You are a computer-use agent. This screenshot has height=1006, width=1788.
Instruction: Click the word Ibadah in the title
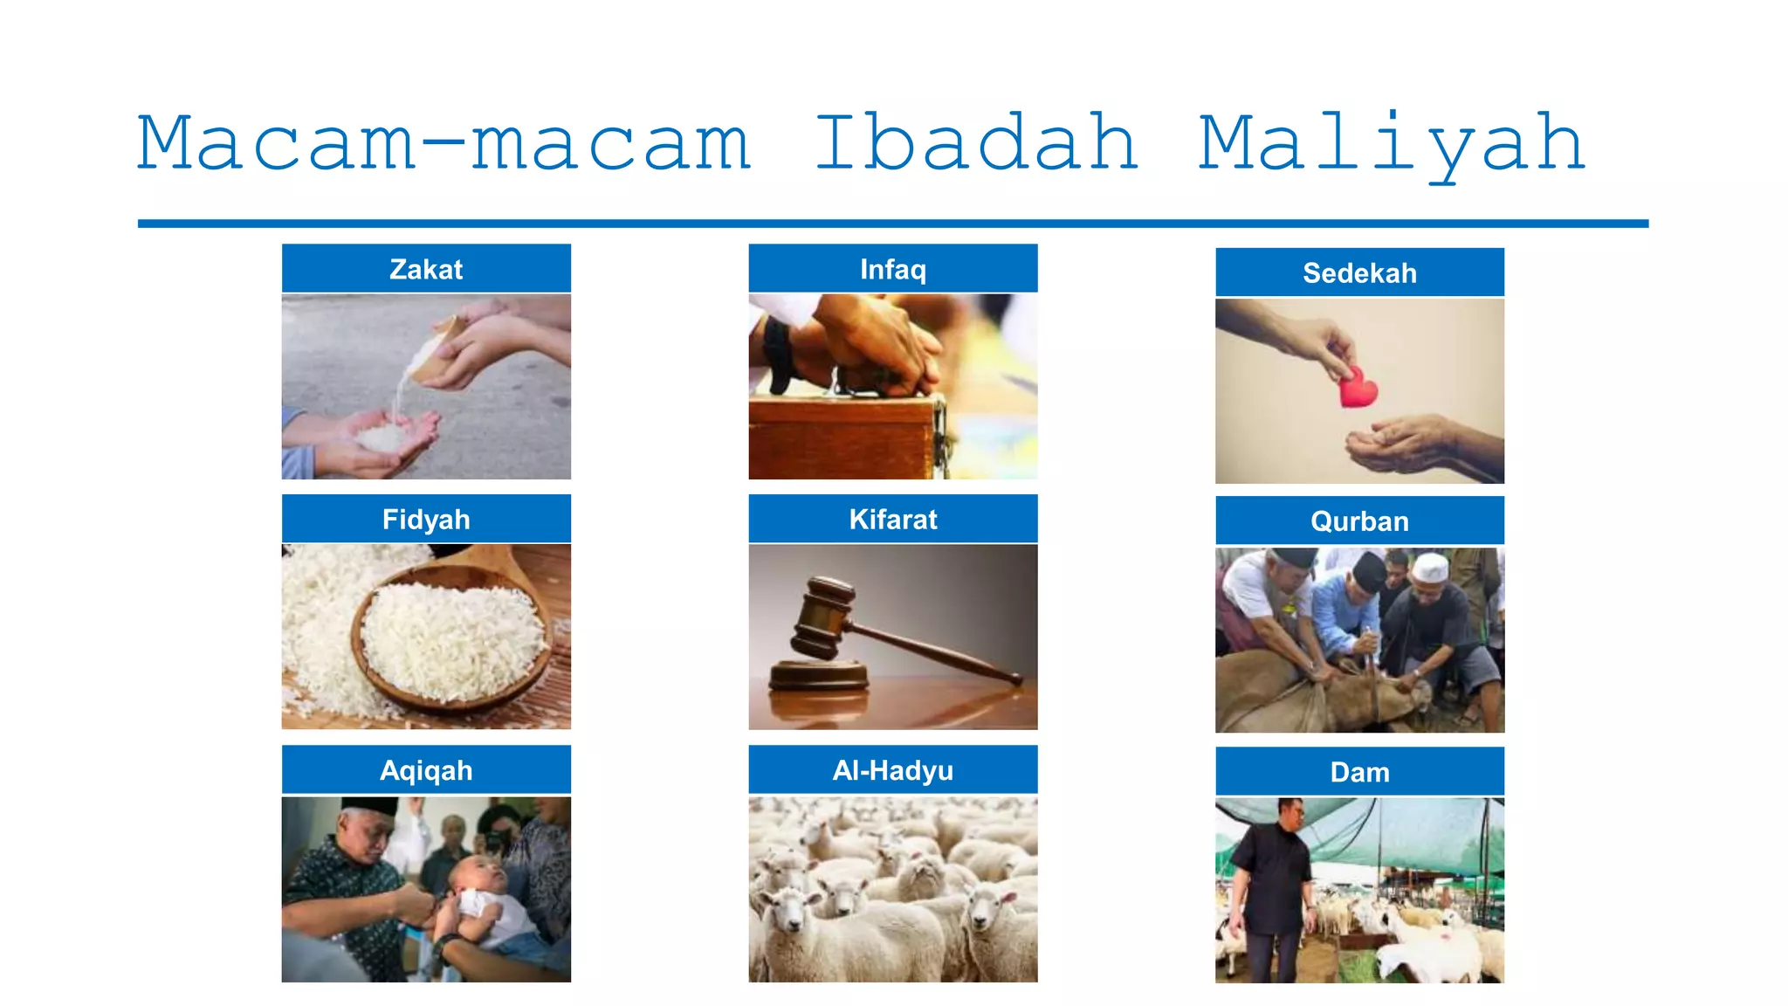[x=976, y=143]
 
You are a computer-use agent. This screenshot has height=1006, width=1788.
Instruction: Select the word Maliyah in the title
[x=1392, y=145]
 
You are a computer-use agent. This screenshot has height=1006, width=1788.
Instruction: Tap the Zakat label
[x=426, y=269]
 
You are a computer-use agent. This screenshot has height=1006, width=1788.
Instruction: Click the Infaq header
[x=893, y=269]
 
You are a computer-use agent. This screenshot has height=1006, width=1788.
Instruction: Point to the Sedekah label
[x=1359, y=273]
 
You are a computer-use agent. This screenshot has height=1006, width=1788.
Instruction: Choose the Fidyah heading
[x=426, y=520]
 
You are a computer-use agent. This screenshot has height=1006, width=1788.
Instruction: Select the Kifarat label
[x=893, y=520]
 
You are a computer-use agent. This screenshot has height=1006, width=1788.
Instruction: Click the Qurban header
[x=1359, y=521]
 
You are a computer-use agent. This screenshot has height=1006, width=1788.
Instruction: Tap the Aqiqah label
[x=426, y=770]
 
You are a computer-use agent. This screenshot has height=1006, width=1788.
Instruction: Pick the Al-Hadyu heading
[x=893, y=770]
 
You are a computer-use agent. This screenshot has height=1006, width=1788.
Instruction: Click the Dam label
[x=1359, y=772]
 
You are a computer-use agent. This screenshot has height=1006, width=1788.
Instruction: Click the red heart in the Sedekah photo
[x=1357, y=389]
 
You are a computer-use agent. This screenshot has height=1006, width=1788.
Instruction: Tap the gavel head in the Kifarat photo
[x=821, y=617]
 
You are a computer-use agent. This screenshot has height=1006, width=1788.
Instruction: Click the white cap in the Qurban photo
[x=1430, y=568]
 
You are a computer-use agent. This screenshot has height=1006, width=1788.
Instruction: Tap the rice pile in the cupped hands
[x=382, y=437]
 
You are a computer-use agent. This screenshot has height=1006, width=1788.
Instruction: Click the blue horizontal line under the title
[x=893, y=224]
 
